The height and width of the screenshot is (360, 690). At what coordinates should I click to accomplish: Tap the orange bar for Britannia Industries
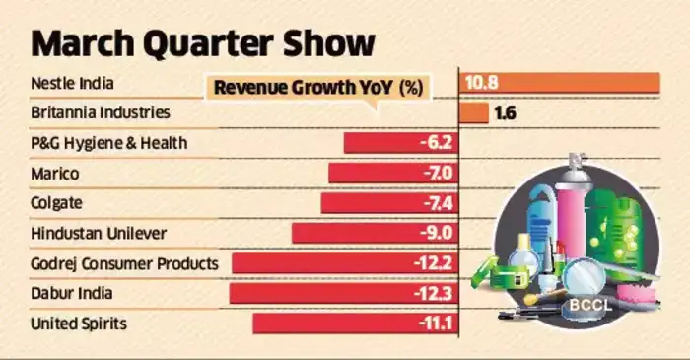(x=474, y=113)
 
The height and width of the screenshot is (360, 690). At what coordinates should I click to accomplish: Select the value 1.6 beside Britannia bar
(x=506, y=113)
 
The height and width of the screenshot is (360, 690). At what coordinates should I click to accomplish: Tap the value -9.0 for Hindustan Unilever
(x=434, y=234)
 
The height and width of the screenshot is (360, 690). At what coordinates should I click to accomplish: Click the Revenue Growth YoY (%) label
(x=317, y=89)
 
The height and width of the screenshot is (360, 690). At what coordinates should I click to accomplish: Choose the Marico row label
(x=55, y=174)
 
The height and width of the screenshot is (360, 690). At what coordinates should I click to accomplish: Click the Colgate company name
(x=58, y=203)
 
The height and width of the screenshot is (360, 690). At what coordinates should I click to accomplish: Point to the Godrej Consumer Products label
(x=123, y=263)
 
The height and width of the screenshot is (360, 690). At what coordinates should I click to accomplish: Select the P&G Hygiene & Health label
(x=108, y=144)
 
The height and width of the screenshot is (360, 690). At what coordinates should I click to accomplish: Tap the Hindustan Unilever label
(x=99, y=234)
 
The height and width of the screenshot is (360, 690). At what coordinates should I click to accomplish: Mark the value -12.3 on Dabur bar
(x=430, y=293)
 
